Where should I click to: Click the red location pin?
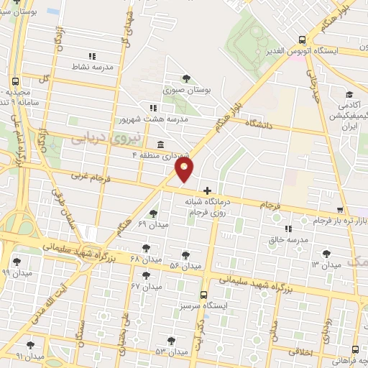pyautogui.click(x=185, y=169)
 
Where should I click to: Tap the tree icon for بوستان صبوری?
pyautogui.click(x=187, y=78)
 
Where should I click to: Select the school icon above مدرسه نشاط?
pyautogui.click(x=92, y=55)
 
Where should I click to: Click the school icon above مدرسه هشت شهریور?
pyautogui.click(x=153, y=107)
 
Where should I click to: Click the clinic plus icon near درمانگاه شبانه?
pyautogui.click(x=208, y=191)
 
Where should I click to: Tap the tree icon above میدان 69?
pyautogui.click(x=152, y=213)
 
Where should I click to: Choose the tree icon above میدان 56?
pyautogui.click(x=185, y=255)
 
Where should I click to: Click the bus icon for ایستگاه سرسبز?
pyautogui.click(x=204, y=295)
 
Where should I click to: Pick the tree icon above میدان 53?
pyautogui.click(x=170, y=341)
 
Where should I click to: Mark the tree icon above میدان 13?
pyautogui.click(x=327, y=254)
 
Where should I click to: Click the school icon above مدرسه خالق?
pyautogui.click(x=288, y=229)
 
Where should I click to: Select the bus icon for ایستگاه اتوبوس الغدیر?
pyautogui.click(x=302, y=40)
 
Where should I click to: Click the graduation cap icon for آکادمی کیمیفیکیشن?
pyautogui.click(x=349, y=94)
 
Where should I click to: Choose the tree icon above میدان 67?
pyautogui.click(x=155, y=275)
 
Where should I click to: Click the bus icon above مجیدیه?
pyautogui.click(x=16, y=81)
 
